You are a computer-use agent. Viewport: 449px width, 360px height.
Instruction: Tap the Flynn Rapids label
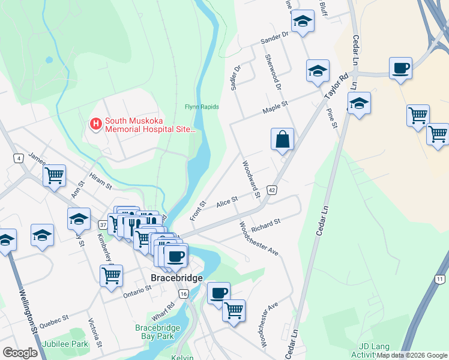tap(202, 107)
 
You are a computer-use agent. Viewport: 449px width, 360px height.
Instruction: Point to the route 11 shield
tap(441, 279)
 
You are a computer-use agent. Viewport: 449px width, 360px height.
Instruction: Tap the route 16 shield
tap(183, 293)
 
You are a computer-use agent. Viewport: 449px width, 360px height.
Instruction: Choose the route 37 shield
tap(103, 224)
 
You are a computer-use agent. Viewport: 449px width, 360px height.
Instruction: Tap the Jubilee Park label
tap(65, 344)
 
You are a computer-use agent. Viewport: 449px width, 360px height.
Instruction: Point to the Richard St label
tap(266, 226)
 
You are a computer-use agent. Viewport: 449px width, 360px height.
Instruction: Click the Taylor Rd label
tap(337, 88)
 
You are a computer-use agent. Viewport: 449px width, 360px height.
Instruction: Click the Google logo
tap(20, 353)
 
